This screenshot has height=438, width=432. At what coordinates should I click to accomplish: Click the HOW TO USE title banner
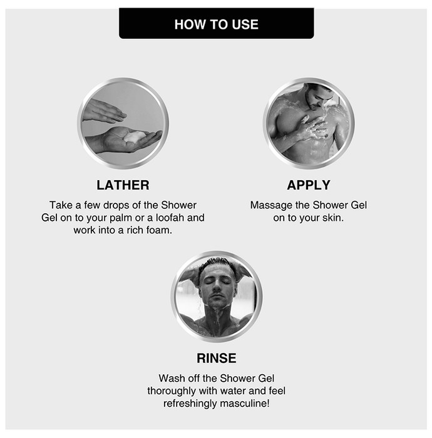point(216,24)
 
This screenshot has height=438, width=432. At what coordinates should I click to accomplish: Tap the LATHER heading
point(123,185)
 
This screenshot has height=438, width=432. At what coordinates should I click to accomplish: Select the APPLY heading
point(309,185)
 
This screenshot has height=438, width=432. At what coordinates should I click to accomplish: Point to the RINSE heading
point(216,358)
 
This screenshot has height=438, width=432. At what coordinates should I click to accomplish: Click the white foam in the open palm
point(134,136)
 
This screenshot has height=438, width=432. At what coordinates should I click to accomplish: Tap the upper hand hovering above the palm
point(103,111)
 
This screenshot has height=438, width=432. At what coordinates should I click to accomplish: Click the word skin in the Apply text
point(333,218)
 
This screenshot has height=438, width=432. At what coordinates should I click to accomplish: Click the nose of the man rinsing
point(217,286)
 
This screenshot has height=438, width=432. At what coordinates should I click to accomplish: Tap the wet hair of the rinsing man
point(217,264)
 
